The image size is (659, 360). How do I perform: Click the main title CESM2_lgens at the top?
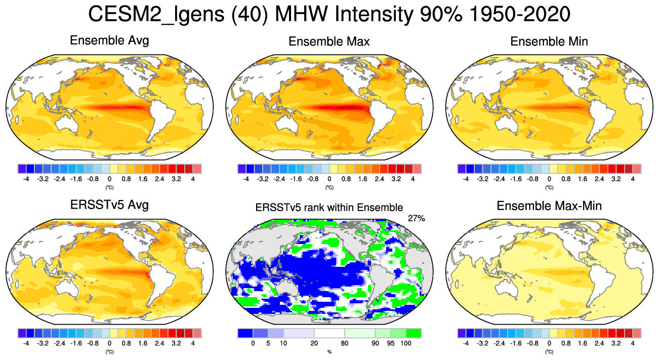point(329,16)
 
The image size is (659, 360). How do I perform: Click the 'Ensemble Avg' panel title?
point(109,41)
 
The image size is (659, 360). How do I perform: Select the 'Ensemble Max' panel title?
point(329,42)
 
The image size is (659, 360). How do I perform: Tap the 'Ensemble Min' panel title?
point(549,42)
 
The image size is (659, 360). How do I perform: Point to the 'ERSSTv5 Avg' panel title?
point(109,206)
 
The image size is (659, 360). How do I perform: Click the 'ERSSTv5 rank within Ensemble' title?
point(329,207)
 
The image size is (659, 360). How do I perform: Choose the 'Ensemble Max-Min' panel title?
point(549,206)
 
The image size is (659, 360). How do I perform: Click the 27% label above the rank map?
point(416,218)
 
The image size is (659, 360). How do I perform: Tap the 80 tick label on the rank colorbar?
point(345,343)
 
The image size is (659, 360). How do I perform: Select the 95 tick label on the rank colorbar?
point(390,343)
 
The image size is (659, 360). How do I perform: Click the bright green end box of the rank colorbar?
point(414,333)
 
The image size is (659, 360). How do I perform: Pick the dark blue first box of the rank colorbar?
point(245,333)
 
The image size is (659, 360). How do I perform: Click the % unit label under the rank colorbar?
point(329,351)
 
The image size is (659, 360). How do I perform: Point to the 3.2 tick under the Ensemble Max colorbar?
point(396,179)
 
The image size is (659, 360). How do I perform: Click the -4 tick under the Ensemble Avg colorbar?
point(26,179)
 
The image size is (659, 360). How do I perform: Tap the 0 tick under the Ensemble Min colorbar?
point(549,179)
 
